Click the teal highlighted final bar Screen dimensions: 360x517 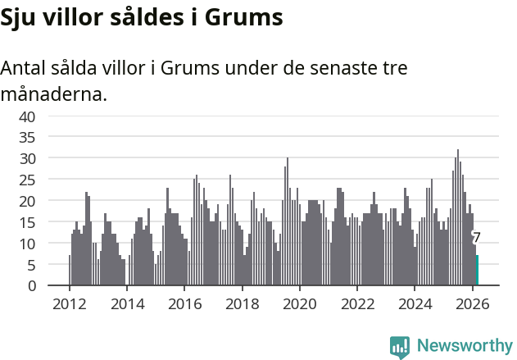pos(477,271)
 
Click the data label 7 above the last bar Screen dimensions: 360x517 pos(477,238)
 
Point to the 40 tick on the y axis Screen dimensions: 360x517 pos(27,116)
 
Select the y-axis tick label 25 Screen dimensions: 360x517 pos(27,180)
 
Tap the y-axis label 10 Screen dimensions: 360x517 pos(27,244)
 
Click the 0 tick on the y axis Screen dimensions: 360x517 pos(31,286)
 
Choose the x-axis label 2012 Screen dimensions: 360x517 pos(69,303)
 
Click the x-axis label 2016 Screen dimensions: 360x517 pos(184,303)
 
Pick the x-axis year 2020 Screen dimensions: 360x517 pos(300,303)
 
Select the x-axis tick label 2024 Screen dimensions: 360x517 pos(415,303)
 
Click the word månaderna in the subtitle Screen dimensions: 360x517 pos(54,94)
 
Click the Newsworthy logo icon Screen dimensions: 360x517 pos(400,346)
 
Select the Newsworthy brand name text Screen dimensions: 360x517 pos(464,346)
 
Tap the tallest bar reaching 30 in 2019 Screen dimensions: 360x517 pos(288,221)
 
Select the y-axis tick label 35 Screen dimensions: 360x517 pos(27,137)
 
